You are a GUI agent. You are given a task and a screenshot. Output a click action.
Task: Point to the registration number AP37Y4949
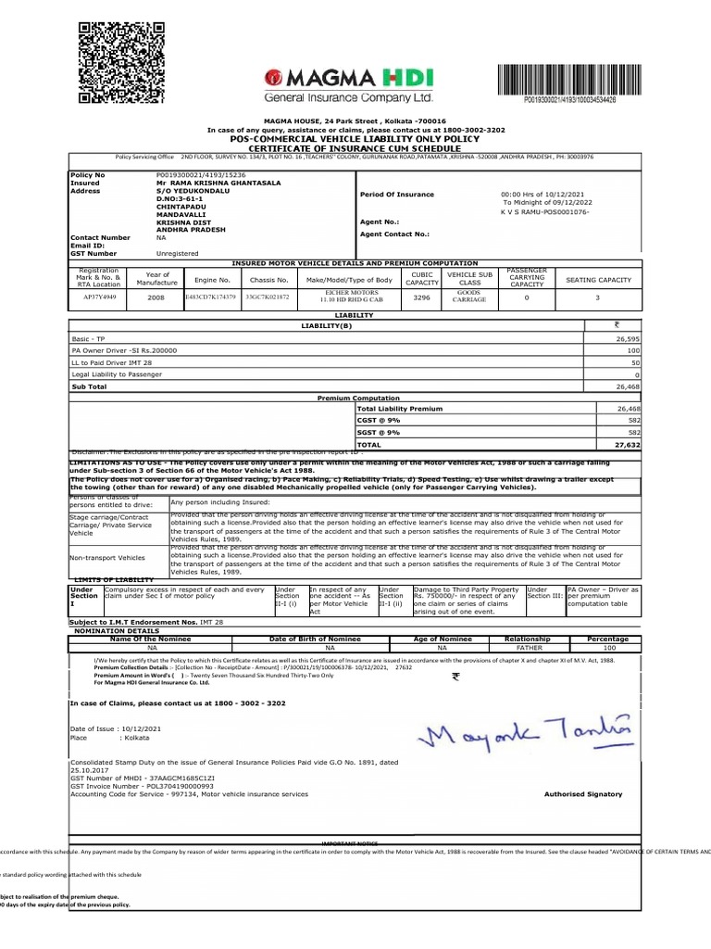[x=101, y=298]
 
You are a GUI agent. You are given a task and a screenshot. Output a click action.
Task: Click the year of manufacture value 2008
[x=156, y=298]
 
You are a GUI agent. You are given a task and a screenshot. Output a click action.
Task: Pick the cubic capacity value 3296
[x=421, y=298]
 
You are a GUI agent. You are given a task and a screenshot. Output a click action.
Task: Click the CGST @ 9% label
[x=376, y=420]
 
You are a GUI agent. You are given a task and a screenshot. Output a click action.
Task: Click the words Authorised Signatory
[x=582, y=794]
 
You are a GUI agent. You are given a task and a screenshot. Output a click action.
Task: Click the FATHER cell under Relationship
[x=527, y=649]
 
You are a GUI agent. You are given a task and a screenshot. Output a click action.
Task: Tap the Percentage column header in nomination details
[x=602, y=639]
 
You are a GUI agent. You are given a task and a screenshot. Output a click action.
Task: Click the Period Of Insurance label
[x=395, y=194]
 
